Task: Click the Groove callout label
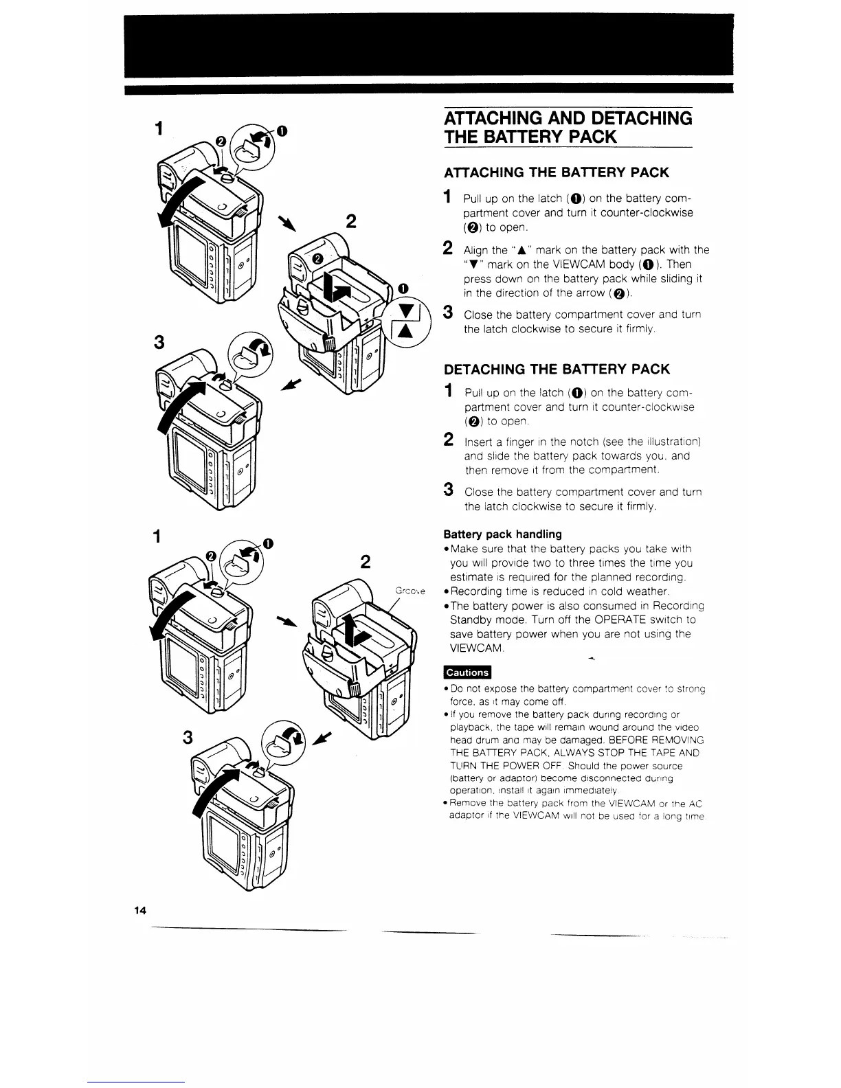click(x=411, y=591)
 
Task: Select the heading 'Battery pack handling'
click(x=502, y=534)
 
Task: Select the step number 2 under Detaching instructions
click(x=448, y=440)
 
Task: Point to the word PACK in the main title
click(x=585, y=136)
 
